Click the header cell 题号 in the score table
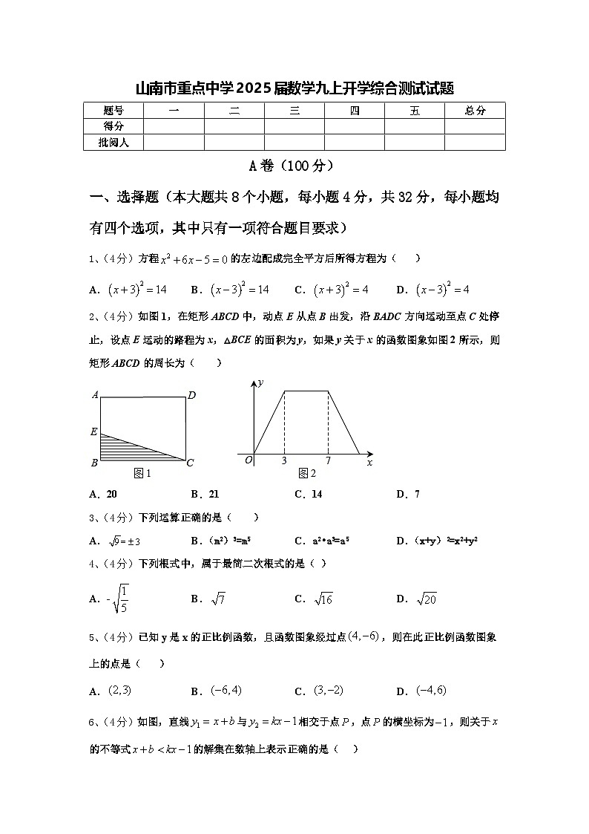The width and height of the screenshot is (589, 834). [x=113, y=111]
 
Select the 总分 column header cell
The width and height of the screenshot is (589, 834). [x=475, y=111]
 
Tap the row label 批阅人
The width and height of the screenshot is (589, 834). [x=113, y=142]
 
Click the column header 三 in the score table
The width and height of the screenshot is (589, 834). [x=294, y=111]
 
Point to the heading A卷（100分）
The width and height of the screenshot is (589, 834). [x=294, y=166]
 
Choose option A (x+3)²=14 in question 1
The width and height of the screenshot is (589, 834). [x=136, y=290]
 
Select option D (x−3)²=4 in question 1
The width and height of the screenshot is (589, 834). [x=442, y=290]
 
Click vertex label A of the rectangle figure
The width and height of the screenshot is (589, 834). [x=95, y=395]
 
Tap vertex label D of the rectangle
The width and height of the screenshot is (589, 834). [x=191, y=395]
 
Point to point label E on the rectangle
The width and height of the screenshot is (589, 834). [x=93, y=431]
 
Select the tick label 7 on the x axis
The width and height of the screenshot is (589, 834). [x=328, y=462]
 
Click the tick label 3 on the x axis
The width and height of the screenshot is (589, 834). [x=284, y=462]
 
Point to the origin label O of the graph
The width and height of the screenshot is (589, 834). [x=249, y=461]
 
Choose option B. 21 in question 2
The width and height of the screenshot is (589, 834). [x=205, y=494]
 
